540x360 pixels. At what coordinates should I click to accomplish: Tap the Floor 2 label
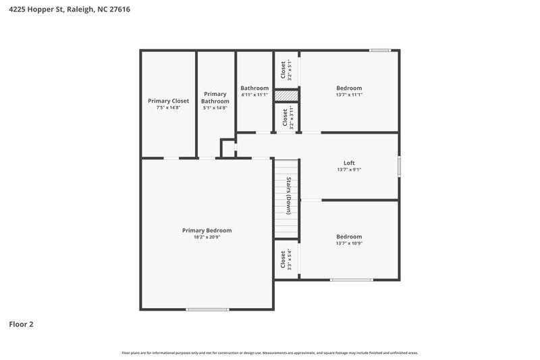pos(21,324)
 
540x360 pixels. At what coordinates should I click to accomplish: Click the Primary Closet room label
pos(168,101)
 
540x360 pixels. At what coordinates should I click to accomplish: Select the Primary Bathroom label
pos(215,97)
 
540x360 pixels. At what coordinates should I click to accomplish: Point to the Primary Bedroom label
pos(207,230)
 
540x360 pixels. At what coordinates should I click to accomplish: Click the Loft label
pos(349,163)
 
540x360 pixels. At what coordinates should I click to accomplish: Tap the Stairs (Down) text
pos(288,196)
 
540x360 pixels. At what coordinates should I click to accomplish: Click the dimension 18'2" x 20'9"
pos(207,237)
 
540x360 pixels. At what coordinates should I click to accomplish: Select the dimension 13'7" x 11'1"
pos(349,95)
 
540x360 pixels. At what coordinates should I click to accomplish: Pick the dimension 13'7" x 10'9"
pos(349,243)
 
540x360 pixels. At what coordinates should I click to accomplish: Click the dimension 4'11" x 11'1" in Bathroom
pos(254,95)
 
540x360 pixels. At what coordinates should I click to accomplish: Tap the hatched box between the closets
pos(286,96)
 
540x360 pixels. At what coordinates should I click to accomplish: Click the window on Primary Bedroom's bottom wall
pos(207,309)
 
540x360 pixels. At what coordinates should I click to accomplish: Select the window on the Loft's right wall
pos(399,166)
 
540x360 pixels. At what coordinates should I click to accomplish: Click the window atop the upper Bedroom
pos(380,50)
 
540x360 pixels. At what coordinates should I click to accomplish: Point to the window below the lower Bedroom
pos(351,280)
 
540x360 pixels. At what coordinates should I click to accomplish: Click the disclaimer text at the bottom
pos(269,353)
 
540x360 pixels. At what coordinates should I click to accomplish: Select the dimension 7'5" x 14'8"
pos(168,107)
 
